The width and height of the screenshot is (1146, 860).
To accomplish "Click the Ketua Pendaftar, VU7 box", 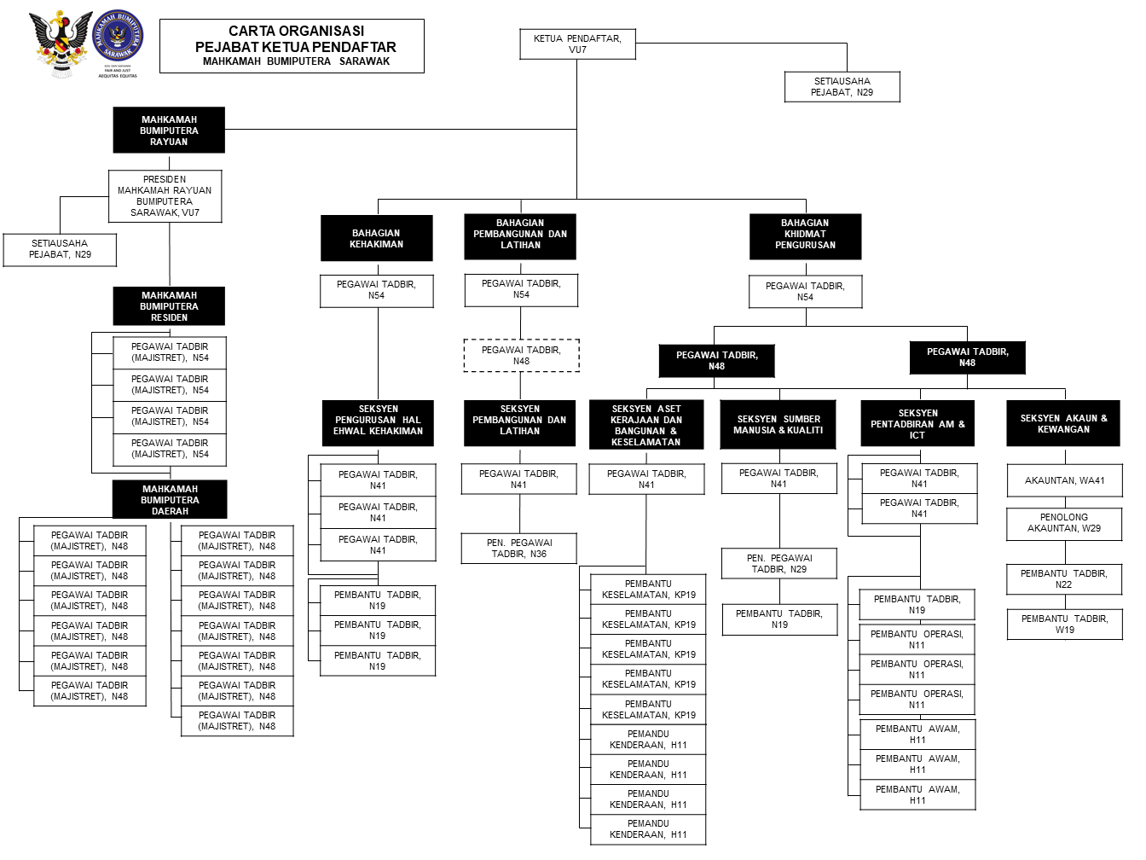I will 577,44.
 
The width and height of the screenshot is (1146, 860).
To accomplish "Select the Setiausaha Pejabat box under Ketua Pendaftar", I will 842,87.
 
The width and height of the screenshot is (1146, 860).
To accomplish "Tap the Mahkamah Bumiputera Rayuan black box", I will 169,131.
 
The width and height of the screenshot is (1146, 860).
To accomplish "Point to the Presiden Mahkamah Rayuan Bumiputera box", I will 165,196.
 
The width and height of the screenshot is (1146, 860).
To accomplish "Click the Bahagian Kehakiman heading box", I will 376,238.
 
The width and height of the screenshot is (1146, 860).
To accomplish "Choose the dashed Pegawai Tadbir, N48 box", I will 521,356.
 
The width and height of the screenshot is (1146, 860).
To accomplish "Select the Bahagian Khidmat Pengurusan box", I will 805,235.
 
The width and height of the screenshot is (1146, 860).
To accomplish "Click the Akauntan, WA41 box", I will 1064,480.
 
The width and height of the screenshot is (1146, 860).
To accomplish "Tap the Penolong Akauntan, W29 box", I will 1064,523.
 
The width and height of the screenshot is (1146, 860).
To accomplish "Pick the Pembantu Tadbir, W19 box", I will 1064,625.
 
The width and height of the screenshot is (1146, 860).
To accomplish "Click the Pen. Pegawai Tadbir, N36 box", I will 518,549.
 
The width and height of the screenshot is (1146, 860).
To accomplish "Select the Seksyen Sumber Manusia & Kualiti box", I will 778,424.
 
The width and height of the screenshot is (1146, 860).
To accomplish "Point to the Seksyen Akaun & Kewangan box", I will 1063,424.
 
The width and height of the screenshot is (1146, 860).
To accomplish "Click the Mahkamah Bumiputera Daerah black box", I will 170,500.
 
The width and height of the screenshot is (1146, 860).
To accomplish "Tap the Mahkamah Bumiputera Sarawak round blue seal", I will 118,36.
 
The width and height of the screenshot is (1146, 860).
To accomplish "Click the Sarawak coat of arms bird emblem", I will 60,43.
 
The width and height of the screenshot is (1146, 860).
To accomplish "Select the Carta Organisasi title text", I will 295,32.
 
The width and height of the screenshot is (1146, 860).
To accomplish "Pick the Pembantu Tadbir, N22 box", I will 1064,579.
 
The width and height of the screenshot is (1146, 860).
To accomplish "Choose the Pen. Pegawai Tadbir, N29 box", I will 778,564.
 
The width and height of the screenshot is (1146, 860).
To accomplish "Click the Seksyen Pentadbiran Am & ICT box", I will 917,424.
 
